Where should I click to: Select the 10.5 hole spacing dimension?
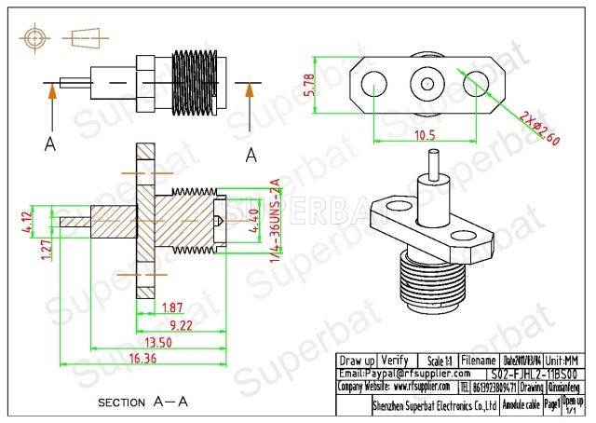(423, 134)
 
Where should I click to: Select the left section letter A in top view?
(49, 143)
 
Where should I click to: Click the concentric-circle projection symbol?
(34, 39)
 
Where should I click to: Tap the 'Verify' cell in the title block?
(395, 360)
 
